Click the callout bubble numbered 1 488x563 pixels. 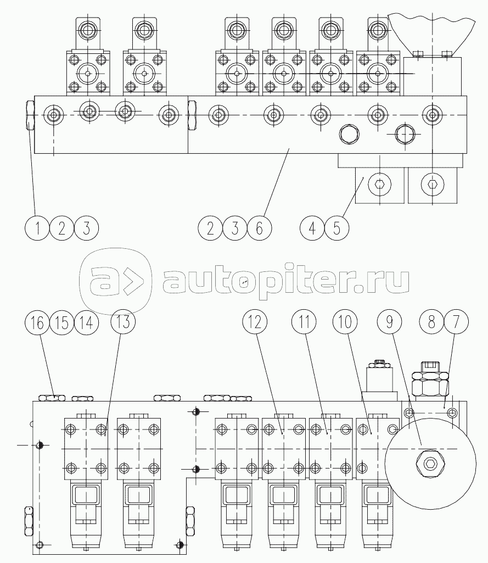37,228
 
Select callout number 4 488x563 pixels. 312,228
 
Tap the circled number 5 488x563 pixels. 336,228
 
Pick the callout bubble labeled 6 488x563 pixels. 260,228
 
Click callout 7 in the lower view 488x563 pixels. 456,322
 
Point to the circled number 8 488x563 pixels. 431,322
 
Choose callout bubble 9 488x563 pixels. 390,322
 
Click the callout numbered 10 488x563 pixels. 345,322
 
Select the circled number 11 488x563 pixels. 304,322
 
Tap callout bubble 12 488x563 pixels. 255,322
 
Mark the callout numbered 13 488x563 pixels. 123,322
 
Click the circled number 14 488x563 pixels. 86,322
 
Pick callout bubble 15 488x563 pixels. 61,322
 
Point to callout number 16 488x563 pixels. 37,322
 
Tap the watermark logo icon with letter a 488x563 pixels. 115,281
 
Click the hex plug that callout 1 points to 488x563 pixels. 30,115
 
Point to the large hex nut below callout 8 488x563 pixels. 430,384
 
